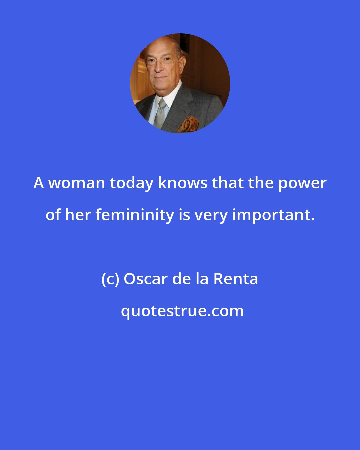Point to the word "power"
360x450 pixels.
click(302, 183)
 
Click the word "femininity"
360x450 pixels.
click(135, 215)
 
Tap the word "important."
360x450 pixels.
click(273, 215)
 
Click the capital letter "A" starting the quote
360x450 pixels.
click(39, 183)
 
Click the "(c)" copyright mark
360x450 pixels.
click(110, 279)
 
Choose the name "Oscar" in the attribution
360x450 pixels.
click(145, 279)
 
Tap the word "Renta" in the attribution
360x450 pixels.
click(236, 279)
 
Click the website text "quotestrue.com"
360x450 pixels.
click(182, 311)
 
